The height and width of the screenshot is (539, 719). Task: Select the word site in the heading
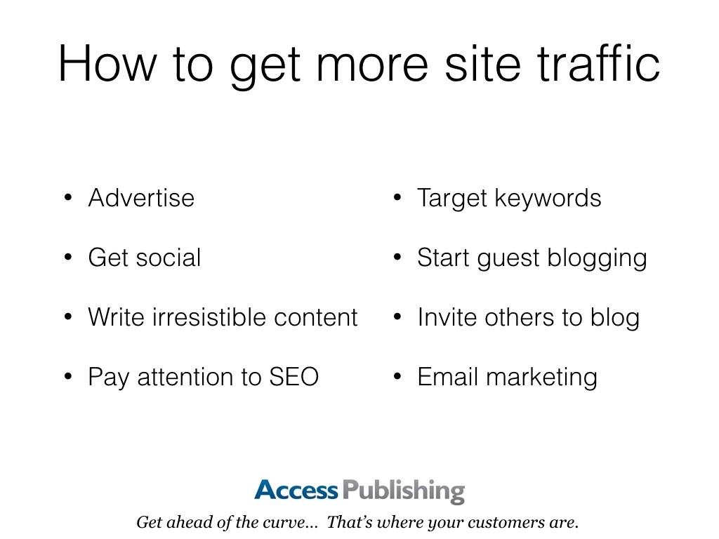[x=482, y=63]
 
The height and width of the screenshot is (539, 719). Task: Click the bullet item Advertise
[x=141, y=197]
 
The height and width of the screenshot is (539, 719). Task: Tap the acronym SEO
[x=294, y=377]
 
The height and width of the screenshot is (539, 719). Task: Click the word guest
[x=508, y=258]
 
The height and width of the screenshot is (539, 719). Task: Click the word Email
[x=448, y=377]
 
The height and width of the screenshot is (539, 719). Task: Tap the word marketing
[x=541, y=378]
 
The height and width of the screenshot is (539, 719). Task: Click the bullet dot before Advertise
[x=68, y=198]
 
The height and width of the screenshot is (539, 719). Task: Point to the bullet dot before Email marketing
[x=397, y=377]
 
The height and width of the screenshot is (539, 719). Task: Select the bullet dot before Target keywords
[x=397, y=198]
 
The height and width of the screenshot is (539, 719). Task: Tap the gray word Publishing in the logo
[x=404, y=491]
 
